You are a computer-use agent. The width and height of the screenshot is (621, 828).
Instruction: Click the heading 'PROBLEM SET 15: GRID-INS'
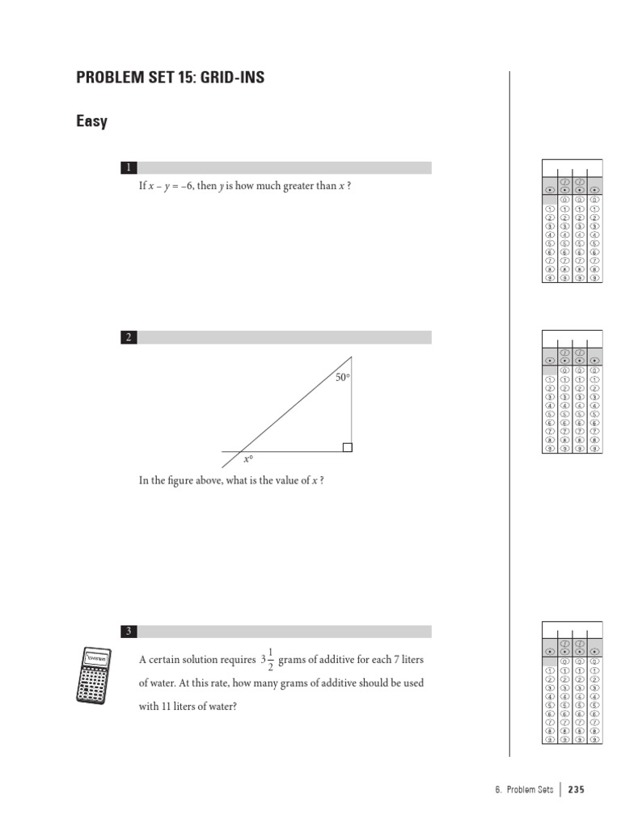pyautogui.click(x=170, y=78)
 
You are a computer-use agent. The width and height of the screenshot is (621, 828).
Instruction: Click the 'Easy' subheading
pyautogui.click(x=91, y=122)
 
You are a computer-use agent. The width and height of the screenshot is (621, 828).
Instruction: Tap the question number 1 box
pyautogui.click(x=127, y=168)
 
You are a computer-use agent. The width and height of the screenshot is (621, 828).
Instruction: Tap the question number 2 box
pyautogui.click(x=127, y=338)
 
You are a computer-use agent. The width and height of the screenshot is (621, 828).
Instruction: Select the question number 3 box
pyautogui.click(x=127, y=632)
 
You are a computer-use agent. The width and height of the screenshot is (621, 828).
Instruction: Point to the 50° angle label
pyautogui.click(x=343, y=378)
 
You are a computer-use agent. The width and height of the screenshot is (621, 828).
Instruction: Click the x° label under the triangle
pyautogui.click(x=249, y=459)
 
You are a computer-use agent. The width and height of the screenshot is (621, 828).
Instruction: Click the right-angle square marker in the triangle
pyautogui.click(x=347, y=447)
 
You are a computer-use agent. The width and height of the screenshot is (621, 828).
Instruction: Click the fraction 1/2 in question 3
pyautogui.click(x=270, y=660)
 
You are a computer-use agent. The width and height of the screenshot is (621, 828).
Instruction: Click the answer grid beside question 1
pyautogui.click(x=572, y=221)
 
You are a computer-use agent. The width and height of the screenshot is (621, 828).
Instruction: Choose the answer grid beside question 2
pyautogui.click(x=572, y=391)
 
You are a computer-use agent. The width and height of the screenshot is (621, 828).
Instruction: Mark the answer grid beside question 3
pyautogui.click(x=572, y=682)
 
